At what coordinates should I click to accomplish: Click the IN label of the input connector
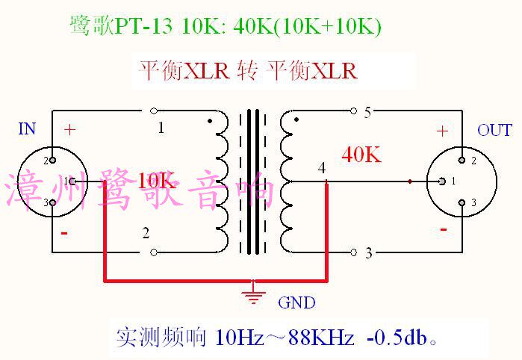[x=27, y=130]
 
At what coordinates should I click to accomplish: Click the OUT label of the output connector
[x=494, y=131]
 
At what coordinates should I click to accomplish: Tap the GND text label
[x=296, y=302]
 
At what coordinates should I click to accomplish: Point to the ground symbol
[x=255, y=294]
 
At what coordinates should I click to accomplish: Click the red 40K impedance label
[x=361, y=155]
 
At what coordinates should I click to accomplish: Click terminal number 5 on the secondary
[x=367, y=114]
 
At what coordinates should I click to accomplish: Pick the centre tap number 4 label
[x=321, y=168]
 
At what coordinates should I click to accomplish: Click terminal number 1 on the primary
[x=161, y=128]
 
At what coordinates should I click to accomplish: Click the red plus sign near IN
[x=69, y=129]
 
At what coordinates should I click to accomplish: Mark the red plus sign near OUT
[x=442, y=131]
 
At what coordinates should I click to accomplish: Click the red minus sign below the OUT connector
[x=444, y=229]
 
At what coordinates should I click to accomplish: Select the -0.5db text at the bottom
[x=401, y=338]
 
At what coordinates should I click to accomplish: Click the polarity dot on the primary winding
[x=210, y=120]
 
